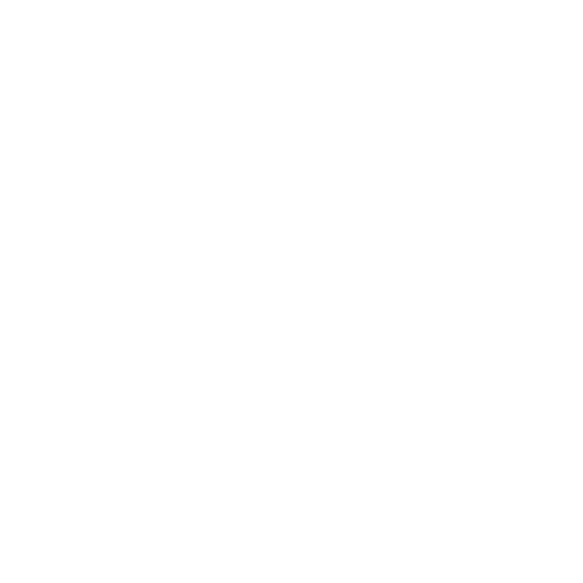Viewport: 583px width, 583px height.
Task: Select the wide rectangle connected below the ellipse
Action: [186, 267]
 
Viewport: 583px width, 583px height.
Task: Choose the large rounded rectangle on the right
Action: [459, 254]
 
